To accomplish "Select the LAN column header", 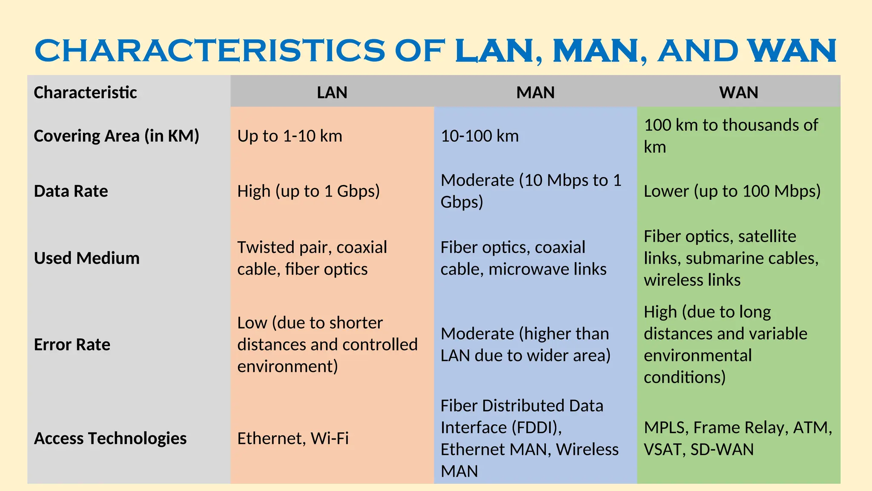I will [x=332, y=92].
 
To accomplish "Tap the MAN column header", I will [x=535, y=92].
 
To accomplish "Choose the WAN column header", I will [x=739, y=92].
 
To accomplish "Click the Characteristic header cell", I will [x=85, y=92].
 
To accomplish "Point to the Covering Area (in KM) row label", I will [x=116, y=136].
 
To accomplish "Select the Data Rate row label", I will [x=71, y=191].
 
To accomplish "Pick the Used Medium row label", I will [x=86, y=258].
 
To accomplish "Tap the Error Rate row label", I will [x=72, y=344].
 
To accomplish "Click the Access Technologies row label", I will [x=110, y=438].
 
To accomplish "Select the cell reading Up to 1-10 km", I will [x=290, y=136].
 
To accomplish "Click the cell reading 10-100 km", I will [x=479, y=136].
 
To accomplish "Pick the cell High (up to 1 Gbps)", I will [x=308, y=191].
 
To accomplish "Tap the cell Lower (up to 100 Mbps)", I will [x=732, y=191].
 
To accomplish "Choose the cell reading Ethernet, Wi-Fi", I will [x=293, y=438].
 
